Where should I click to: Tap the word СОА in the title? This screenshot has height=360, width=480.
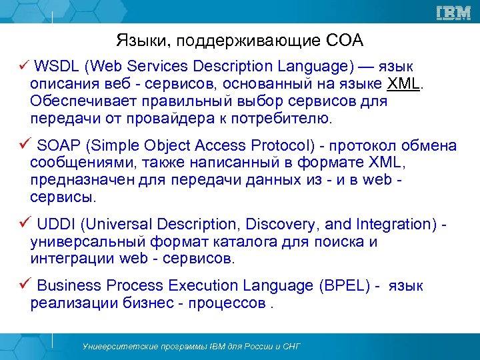click(345, 41)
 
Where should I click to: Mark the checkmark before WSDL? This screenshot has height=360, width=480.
click(22, 66)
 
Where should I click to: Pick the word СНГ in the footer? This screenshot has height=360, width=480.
click(290, 347)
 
